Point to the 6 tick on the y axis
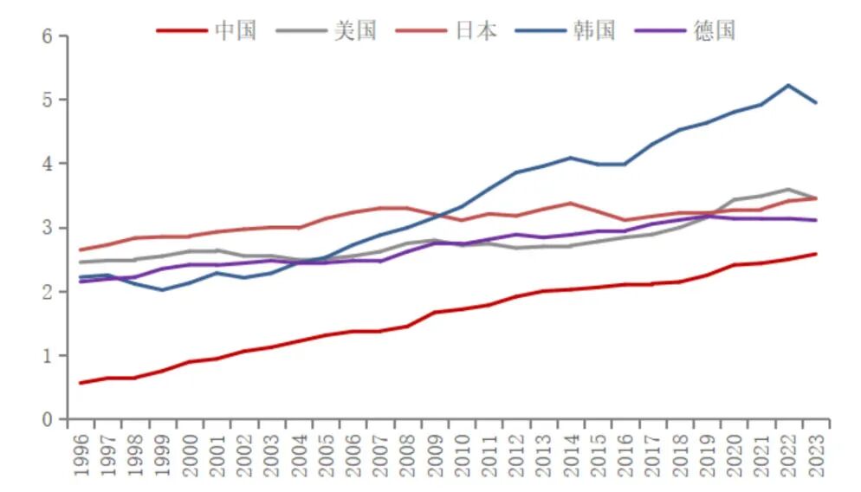click(49, 36)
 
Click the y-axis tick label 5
click(49, 100)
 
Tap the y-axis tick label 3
click(49, 228)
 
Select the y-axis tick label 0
click(49, 420)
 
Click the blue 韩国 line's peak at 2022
click(787, 85)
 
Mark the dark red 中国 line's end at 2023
click(815, 254)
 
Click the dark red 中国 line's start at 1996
click(81, 383)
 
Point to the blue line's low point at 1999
click(161, 289)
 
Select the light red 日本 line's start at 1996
click(81, 249)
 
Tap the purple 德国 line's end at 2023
click(815, 220)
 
